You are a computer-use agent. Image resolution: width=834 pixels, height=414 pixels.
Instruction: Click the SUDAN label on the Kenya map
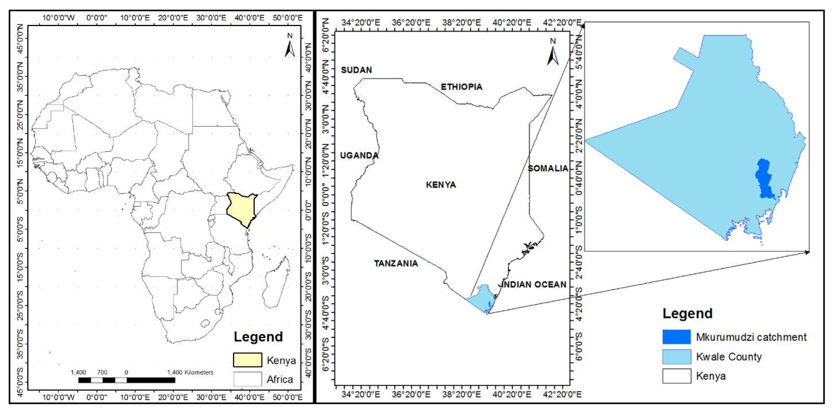point(356,70)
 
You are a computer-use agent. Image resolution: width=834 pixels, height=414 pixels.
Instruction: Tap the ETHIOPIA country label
point(461,87)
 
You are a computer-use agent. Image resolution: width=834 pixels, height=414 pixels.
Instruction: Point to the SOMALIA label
point(548,168)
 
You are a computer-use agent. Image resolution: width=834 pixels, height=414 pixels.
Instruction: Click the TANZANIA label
point(396,263)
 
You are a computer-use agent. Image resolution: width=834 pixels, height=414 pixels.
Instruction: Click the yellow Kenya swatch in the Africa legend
point(247,360)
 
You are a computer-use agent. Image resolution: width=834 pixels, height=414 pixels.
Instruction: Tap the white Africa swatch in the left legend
point(247,379)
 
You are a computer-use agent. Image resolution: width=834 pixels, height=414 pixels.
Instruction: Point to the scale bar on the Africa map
point(127,380)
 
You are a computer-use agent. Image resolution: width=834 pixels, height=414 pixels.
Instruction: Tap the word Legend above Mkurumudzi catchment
point(687,313)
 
